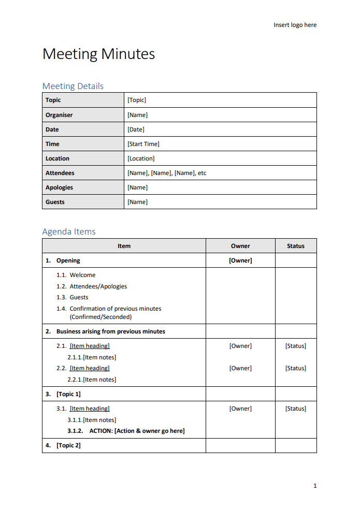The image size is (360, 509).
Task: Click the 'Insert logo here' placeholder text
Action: pos(295,25)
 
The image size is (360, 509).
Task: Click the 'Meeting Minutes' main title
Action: pos(98,54)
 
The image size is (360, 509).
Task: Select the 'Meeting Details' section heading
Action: pos(73,86)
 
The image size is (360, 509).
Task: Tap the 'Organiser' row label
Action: pos(59,115)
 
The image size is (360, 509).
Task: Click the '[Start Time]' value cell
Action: pos(143,144)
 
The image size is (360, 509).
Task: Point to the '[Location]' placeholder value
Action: pos(141,158)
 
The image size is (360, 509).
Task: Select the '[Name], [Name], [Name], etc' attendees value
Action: pos(167,173)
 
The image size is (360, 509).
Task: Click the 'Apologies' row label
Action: pos(59,187)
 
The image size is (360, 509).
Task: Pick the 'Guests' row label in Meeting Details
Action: pos(55,202)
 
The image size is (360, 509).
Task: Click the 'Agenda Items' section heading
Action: pos(69,231)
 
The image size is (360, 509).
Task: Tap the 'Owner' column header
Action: pos(240,246)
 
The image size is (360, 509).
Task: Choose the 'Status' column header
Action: pos(296,246)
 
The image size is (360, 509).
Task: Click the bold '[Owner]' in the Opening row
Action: pos(240,260)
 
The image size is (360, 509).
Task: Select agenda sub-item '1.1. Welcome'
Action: pos(76,275)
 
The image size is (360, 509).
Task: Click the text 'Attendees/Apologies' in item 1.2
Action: pos(98,286)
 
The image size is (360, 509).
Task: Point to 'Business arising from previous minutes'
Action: pos(111,331)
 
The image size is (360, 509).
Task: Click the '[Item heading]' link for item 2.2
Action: pos(90,368)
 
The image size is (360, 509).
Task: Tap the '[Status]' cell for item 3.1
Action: pos(296,409)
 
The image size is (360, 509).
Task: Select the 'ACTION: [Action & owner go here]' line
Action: pos(137,431)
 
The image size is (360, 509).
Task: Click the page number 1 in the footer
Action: pos(314,486)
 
